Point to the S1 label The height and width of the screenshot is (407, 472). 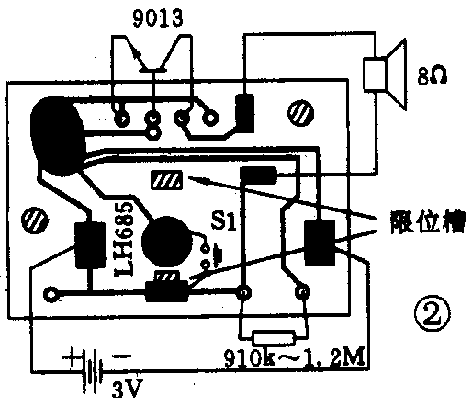pos(224,221)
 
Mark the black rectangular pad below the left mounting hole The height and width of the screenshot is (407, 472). pos(90,245)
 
